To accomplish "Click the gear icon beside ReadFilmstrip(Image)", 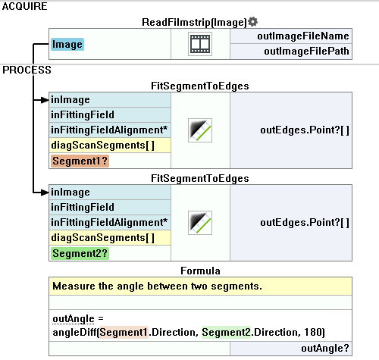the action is (x=252, y=22).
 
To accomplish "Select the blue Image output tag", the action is (x=67, y=45).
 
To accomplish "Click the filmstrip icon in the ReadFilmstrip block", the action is (x=200, y=44).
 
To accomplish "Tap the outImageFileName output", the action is (x=303, y=36).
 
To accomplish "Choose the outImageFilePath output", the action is (x=306, y=52).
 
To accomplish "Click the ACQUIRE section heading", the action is (x=24, y=6).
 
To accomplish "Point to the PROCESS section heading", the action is (x=27, y=70).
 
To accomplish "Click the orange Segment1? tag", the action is (x=80, y=161).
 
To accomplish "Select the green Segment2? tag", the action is (x=80, y=253).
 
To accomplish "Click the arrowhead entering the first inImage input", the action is (x=45, y=100).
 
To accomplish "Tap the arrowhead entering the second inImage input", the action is (x=45, y=193).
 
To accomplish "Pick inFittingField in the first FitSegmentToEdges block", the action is (x=83, y=115).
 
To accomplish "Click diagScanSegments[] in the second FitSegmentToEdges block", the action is (x=102, y=238).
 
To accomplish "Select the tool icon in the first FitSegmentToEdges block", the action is (x=200, y=130).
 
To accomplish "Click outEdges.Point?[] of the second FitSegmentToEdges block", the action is (x=305, y=223).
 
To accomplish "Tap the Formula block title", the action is (x=200, y=271).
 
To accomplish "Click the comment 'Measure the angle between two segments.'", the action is (x=157, y=286).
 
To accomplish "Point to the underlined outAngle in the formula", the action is (x=74, y=319).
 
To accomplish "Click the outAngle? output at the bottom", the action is (x=325, y=349).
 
